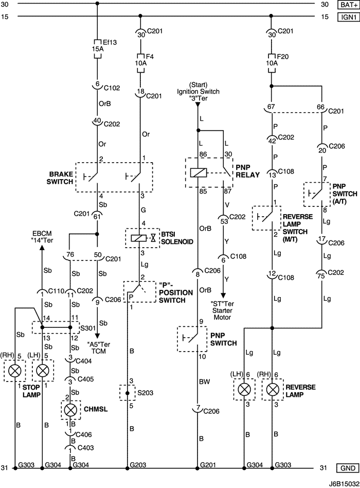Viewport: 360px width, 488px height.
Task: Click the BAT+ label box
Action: coord(347,5)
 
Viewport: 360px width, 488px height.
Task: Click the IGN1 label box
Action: coord(347,16)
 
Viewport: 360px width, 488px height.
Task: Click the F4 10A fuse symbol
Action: coord(140,59)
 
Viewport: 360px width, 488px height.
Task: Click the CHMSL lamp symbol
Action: coord(70,409)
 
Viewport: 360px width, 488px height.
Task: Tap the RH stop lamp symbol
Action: coord(16,370)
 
